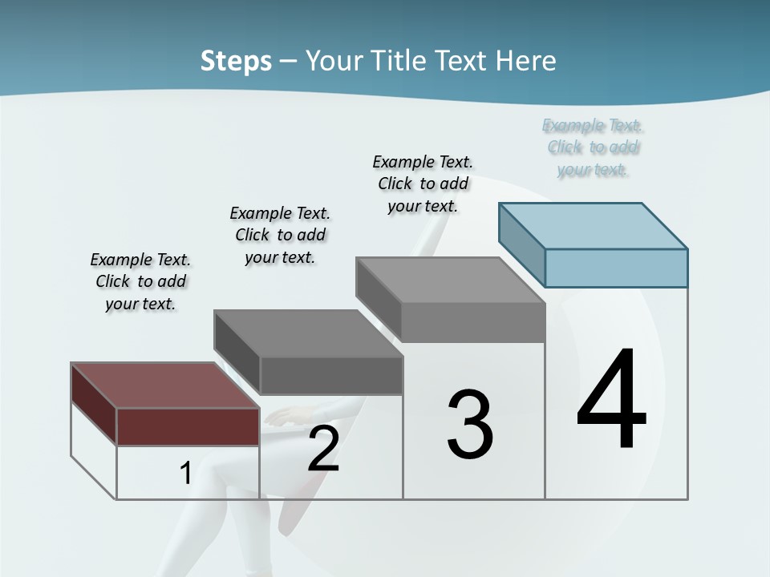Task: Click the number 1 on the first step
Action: pos(185,474)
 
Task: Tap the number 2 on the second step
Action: pos(323,449)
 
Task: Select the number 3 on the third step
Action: pos(470,425)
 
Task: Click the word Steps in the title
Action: pos(236,61)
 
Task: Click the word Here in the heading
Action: pos(525,61)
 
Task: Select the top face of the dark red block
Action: pos(165,385)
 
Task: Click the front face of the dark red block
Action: pos(188,426)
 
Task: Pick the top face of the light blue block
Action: pos(594,225)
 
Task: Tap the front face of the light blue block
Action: pos(616,268)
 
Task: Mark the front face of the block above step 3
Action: pos(472,323)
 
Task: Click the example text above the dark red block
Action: pos(140,281)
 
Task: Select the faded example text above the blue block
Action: pos(593,147)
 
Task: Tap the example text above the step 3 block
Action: pos(423,184)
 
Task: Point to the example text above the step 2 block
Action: pos(280,235)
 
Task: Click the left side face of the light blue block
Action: pos(521,244)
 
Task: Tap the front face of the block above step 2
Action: pos(330,375)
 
